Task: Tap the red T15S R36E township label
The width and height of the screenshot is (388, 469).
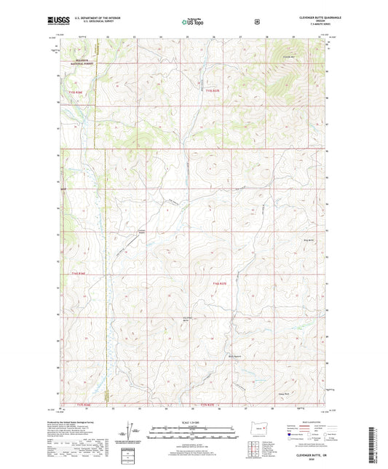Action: click(76, 92)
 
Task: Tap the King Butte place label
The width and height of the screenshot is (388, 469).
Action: click(307, 240)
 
